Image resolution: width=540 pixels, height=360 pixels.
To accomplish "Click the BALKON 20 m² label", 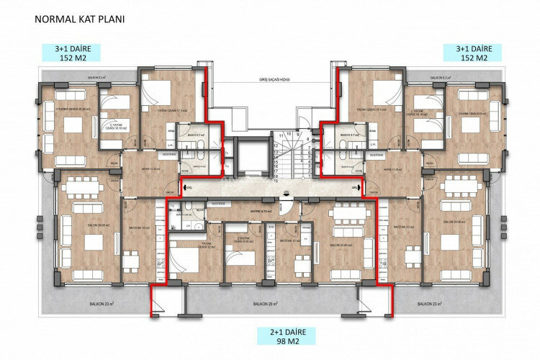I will point(264,304).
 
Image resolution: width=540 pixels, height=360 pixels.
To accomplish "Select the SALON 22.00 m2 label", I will point(343,245).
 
